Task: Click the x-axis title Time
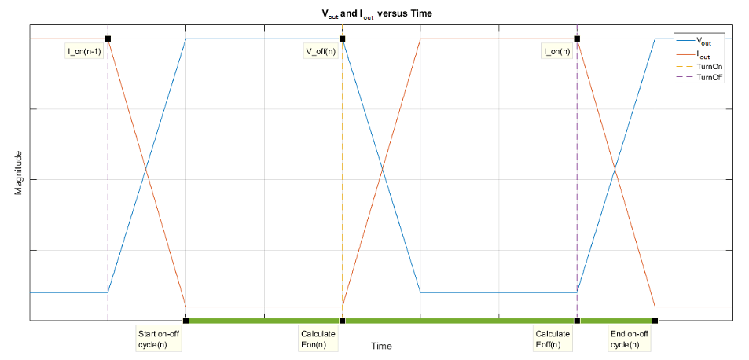point(381,346)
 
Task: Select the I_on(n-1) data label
point(83,52)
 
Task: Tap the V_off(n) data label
point(320,52)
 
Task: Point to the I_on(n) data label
point(557,52)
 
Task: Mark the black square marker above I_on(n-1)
point(108,39)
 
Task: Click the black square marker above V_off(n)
point(342,39)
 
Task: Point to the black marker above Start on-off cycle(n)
point(185,320)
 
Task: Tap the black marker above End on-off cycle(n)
point(655,320)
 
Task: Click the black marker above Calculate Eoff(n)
point(577,320)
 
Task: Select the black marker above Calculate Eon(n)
point(342,320)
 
